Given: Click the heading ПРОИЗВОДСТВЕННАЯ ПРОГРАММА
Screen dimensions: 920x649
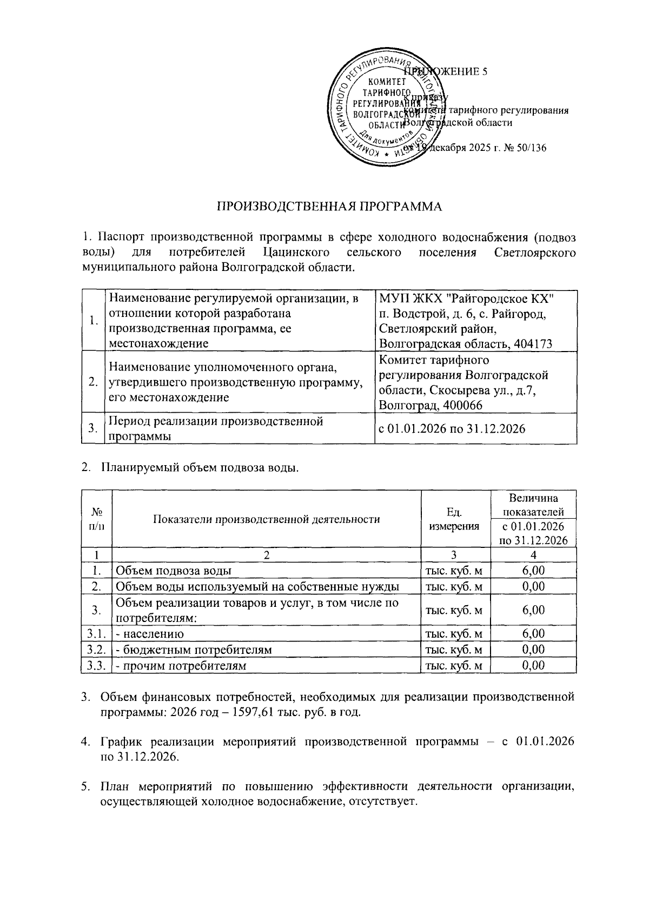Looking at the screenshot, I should (x=329, y=207).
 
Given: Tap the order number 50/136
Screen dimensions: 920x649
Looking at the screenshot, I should (x=531, y=148).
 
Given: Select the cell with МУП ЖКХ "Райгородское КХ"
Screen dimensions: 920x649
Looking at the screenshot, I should (x=467, y=298).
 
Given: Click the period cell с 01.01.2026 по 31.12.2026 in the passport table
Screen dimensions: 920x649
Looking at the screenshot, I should (x=452, y=429).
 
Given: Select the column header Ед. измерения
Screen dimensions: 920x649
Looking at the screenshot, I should (x=454, y=519).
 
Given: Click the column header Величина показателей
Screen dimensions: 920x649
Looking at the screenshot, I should (x=533, y=505).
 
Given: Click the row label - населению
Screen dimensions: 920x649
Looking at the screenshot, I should (x=150, y=634).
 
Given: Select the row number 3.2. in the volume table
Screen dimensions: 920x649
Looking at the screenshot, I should (x=96, y=650).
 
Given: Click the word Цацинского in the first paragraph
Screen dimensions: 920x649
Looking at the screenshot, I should (x=297, y=253).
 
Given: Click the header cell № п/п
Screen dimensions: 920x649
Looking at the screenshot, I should (x=96, y=519).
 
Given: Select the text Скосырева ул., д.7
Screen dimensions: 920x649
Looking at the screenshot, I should (x=486, y=390).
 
